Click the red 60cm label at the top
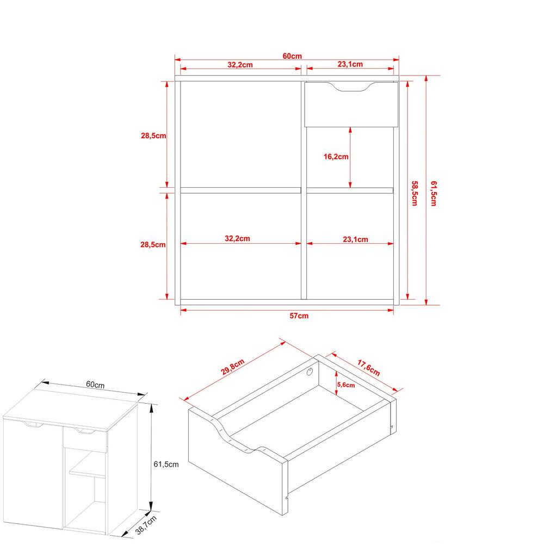292,56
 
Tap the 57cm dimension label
299,316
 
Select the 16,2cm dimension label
336,157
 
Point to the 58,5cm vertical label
414,193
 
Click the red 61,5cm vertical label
434,193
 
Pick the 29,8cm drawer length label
233,367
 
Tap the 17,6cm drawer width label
369,368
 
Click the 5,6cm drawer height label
346,385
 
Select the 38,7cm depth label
146,525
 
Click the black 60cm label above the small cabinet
95,385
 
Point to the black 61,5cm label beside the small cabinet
166,464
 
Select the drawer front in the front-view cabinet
351,104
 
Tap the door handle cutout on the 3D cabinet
33,425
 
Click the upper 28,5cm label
153,135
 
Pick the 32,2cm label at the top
240,65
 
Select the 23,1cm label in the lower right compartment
355,239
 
